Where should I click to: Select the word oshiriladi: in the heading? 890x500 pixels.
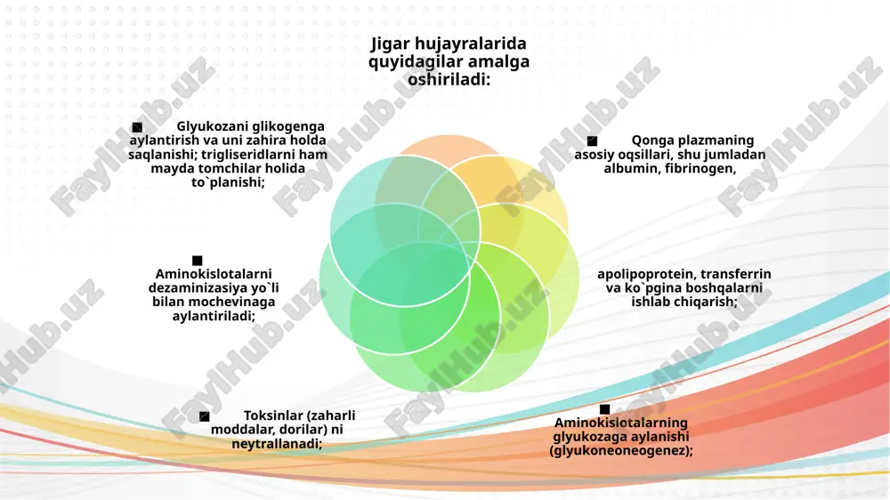pos(449,79)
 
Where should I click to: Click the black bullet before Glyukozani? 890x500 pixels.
pos(137,127)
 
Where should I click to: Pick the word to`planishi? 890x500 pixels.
pos(228,182)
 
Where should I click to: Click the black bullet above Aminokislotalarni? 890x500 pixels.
pos(198,261)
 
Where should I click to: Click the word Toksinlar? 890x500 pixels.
pos(272,415)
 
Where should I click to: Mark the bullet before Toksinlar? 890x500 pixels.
pos(205,416)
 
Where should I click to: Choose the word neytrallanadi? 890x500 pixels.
pos(277,444)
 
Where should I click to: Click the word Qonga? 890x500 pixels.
pos(652,141)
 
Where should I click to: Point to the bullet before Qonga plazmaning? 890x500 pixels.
pos(592,141)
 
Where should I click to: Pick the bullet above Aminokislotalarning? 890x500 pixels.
pos(604,409)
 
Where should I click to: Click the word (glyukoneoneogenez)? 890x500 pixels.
pos(621,451)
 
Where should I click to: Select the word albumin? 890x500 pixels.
pos(632,168)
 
